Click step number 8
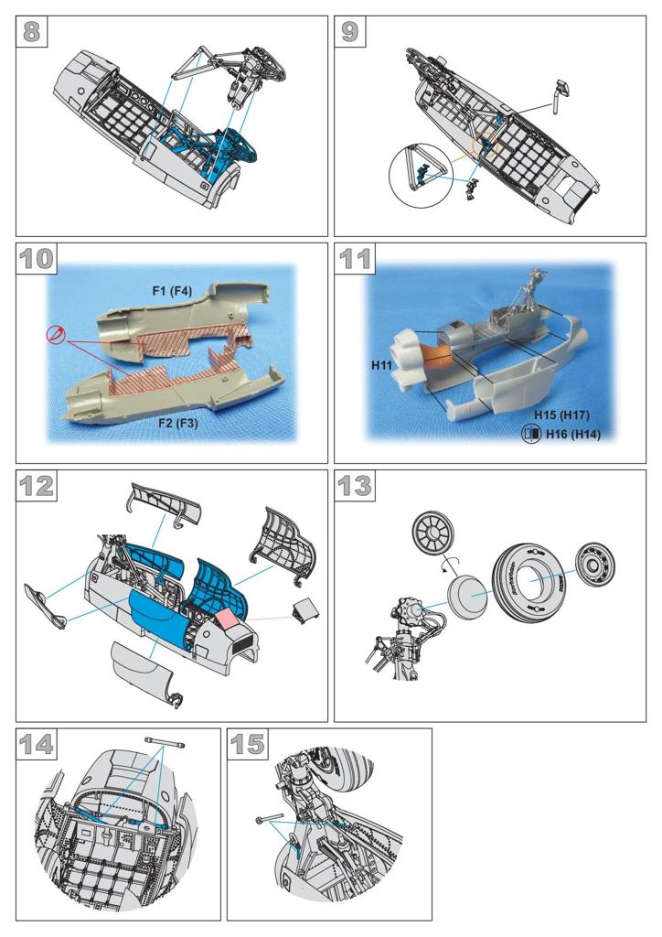pos(31,31)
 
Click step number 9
pos(350,31)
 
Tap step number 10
pos(37,258)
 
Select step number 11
pos(355,258)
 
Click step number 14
pos(37,744)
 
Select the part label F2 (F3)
pos(178,423)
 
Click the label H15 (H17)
pos(561,415)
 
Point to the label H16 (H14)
pos(573,435)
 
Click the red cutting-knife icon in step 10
pos(55,334)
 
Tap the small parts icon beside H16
pos(531,435)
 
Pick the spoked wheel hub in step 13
pos(433,532)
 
